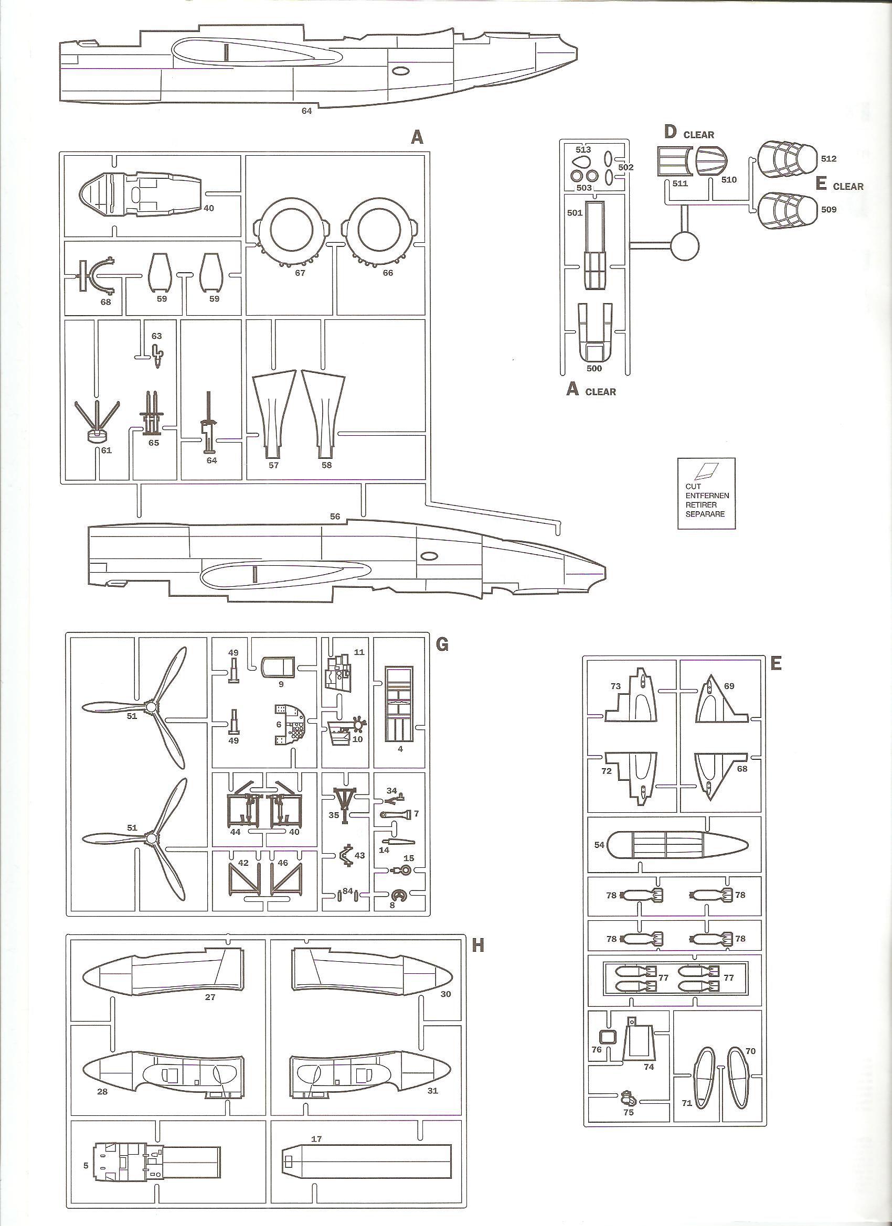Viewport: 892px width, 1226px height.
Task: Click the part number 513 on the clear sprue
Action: pyautogui.click(x=583, y=150)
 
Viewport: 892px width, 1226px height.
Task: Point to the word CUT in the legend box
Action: pyautogui.click(x=693, y=487)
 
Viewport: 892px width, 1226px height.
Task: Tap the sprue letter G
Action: pyautogui.click(x=441, y=644)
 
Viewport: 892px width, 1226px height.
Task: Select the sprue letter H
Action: pyautogui.click(x=477, y=944)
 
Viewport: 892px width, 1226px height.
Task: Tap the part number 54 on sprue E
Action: pyautogui.click(x=599, y=844)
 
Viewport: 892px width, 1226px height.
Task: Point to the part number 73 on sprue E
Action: pyautogui.click(x=615, y=686)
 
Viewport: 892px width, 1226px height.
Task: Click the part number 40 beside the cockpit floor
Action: pyautogui.click(x=208, y=208)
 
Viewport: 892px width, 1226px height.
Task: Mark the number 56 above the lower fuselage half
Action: pyautogui.click(x=335, y=516)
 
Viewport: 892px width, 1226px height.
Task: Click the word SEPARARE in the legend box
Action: pyautogui.click(x=705, y=513)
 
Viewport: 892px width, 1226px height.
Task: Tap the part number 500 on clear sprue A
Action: pyautogui.click(x=594, y=369)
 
